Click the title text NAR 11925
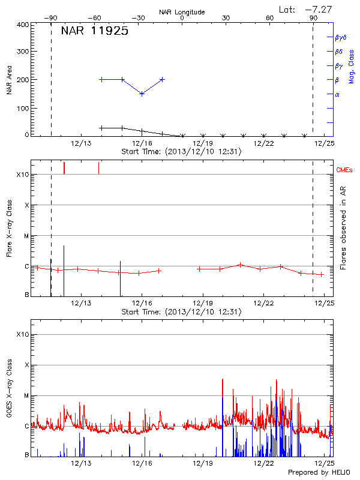(95, 32)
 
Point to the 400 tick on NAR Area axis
(23, 25)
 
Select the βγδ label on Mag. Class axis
(341, 37)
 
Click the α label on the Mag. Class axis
(337, 94)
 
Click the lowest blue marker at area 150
(142, 94)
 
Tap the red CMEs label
(345, 170)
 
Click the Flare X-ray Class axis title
(10, 228)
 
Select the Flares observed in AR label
(343, 228)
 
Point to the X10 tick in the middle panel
(22, 175)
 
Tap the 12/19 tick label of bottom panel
(203, 463)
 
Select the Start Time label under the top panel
(181, 152)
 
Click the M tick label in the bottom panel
(26, 395)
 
